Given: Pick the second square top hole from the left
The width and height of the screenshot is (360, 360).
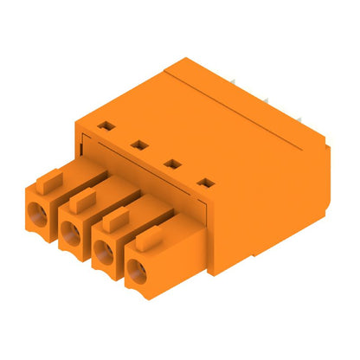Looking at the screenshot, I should (x=136, y=144).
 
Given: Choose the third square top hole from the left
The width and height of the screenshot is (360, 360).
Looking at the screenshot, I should (x=170, y=163).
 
